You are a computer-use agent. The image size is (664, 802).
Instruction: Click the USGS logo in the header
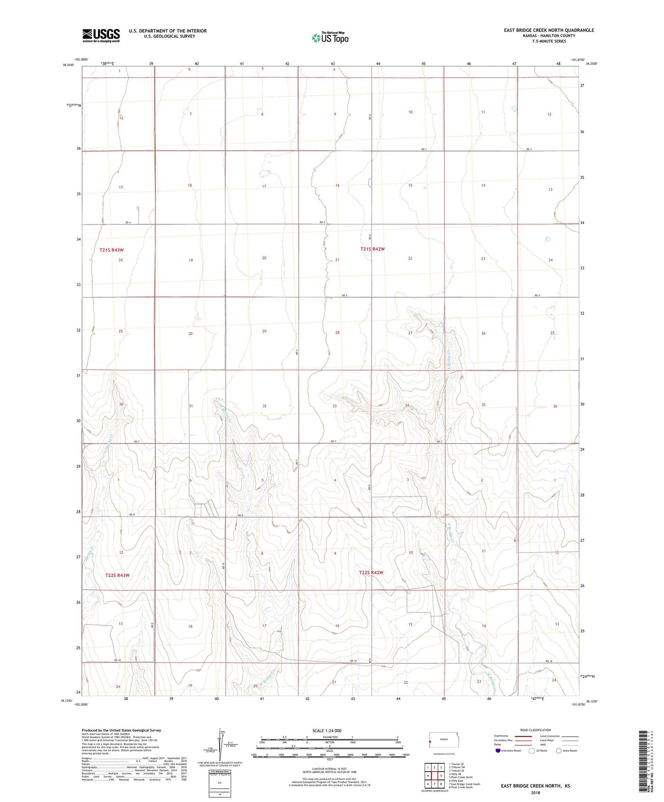tap(101, 35)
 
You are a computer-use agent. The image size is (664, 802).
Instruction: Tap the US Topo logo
tap(330, 37)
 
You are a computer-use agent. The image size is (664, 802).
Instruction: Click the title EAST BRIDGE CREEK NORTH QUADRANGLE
tap(549, 30)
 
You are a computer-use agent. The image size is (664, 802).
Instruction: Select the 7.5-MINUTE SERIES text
tap(549, 41)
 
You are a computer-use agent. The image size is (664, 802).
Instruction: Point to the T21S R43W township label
tap(112, 250)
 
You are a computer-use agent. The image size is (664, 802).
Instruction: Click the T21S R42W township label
tap(372, 249)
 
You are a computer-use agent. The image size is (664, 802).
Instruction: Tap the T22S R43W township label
tap(117, 575)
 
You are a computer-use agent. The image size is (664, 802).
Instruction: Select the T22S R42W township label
tap(371, 573)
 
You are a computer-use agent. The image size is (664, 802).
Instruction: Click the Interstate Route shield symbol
tap(498, 751)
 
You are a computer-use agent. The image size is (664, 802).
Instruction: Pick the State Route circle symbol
tap(559, 751)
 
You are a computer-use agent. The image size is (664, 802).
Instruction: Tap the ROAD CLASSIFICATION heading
tap(535, 730)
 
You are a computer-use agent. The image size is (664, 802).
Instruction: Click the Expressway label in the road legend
tap(501, 736)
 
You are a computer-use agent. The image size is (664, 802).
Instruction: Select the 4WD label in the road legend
tap(544, 745)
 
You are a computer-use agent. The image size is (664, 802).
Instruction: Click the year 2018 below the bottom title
tap(535, 792)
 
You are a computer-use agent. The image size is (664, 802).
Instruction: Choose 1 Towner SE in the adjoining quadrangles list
tap(456, 764)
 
